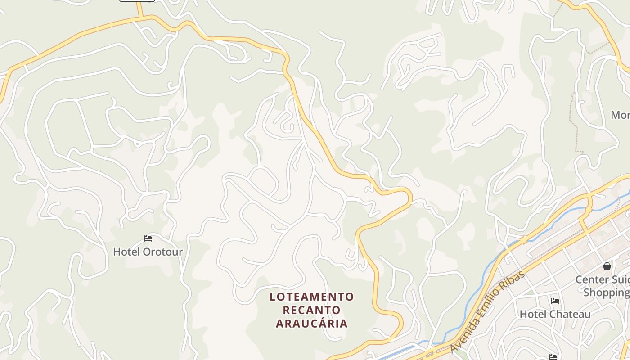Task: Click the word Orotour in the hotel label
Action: click(x=163, y=252)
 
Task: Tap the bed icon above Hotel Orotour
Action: click(x=148, y=238)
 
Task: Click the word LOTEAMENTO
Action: click(x=312, y=297)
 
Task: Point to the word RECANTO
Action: click(x=312, y=310)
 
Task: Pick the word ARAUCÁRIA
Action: click(x=312, y=323)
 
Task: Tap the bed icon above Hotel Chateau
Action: click(x=555, y=301)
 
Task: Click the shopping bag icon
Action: click(x=607, y=266)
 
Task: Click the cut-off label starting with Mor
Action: click(x=620, y=115)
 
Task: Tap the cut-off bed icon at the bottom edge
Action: click(x=553, y=357)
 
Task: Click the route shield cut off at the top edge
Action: click(x=137, y=0)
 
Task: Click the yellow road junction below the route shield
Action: click(x=141, y=18)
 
